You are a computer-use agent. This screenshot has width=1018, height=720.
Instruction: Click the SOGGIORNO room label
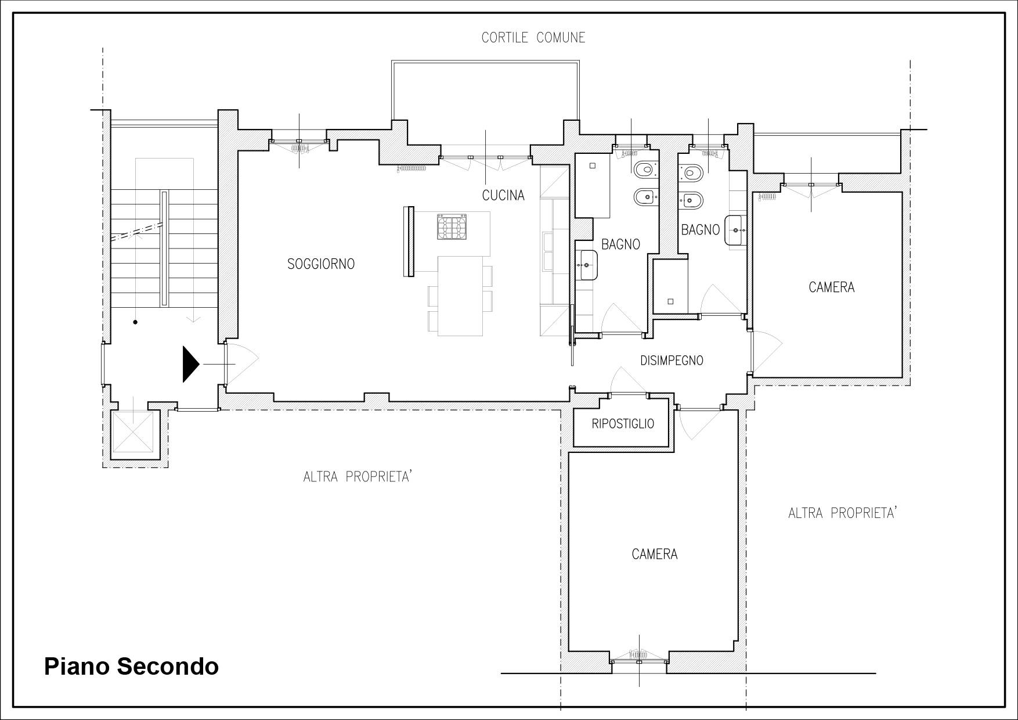point(321,264)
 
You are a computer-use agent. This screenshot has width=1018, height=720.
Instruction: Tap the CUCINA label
point(503,196)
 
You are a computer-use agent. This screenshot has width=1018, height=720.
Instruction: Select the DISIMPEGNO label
point(672,361)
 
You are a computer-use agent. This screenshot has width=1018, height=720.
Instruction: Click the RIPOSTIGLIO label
point(623,424)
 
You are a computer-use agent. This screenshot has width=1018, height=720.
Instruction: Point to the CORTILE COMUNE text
point(533,38)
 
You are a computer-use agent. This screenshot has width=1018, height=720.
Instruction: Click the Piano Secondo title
point(132,667)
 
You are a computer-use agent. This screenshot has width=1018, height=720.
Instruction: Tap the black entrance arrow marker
point(191,364)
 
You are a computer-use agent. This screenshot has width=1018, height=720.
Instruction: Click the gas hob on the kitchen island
point(452,226)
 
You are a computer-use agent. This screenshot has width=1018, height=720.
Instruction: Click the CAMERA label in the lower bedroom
point(655,555)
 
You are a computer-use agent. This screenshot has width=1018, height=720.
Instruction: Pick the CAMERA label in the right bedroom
point(832,287)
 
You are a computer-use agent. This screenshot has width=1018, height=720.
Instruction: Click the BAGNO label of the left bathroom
point(620,244)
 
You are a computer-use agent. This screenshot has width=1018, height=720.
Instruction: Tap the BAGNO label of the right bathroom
point(701,230)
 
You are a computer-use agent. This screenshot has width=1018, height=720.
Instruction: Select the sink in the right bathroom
point(735,231)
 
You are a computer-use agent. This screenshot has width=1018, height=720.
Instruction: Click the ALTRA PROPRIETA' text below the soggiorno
point(358,477)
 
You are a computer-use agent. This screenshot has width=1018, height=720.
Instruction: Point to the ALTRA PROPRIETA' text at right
point(843,513)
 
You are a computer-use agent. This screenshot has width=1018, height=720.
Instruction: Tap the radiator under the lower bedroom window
point(638,655)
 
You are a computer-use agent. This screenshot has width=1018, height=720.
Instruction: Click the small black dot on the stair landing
point(135,322)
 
